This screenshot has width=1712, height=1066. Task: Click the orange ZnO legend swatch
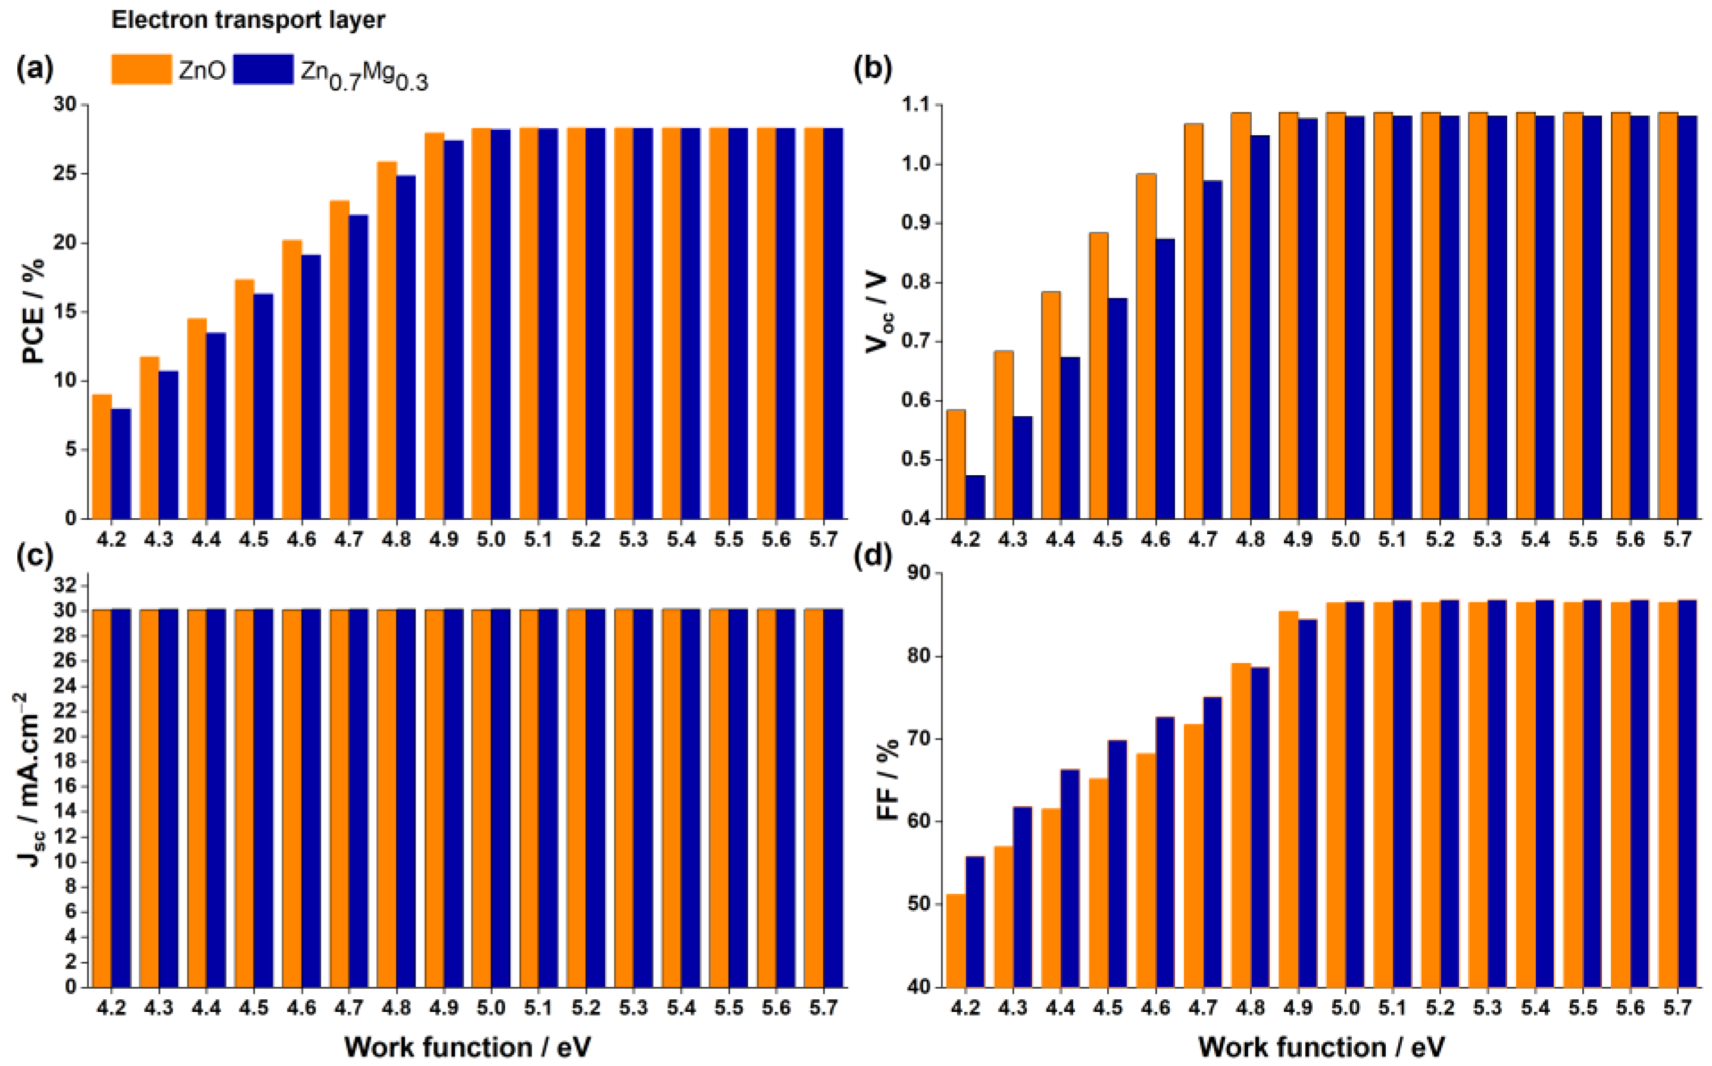click(x=141, y=69)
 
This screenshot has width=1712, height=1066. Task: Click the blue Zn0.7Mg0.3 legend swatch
click(x=263, y=69)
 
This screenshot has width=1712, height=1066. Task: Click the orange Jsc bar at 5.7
click(x=814, y=797)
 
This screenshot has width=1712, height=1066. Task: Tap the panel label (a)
click(x=35, y=69)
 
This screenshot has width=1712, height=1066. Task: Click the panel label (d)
click(x=872, y=557)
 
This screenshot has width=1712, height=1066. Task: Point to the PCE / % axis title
click(x=33, y=311)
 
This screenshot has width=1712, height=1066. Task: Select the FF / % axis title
click(x=889, y=780)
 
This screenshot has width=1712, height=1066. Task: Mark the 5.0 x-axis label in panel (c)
click(x=491, y=1009)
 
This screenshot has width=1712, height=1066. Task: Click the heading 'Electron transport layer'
click(x=248, y=20)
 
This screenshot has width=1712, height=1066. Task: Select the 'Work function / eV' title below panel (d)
click(x=1321, y=1047)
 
